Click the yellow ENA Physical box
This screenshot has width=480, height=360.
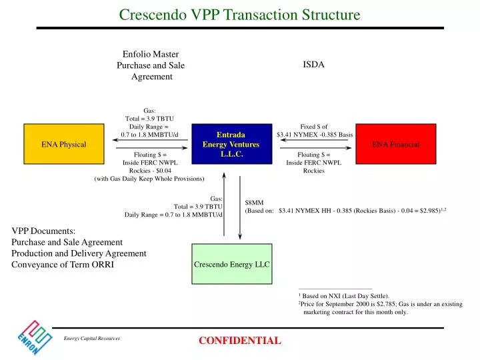point(64,144)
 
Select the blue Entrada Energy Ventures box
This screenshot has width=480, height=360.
point(231,144)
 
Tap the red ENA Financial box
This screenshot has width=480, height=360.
point(395,144)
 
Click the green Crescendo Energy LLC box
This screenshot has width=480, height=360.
point(231,264)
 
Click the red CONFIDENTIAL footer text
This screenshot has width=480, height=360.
point(240,341)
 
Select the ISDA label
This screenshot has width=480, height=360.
point(313,65)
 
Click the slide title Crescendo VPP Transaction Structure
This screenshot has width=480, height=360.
point(240,14)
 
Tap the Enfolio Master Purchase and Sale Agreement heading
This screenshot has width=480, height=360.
point(151,65)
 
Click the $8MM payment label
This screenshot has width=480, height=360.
point(255,202)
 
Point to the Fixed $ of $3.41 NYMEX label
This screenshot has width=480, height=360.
point(314,130)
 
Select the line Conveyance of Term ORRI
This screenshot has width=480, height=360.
point(63,265)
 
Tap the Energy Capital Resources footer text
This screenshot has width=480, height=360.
point(92,339)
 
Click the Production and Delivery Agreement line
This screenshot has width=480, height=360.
point(79,253)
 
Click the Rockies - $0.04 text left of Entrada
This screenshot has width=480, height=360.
point(150,170)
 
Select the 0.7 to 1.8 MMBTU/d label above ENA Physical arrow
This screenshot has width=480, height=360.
point(149,135)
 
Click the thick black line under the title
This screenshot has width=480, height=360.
point(240,28)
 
